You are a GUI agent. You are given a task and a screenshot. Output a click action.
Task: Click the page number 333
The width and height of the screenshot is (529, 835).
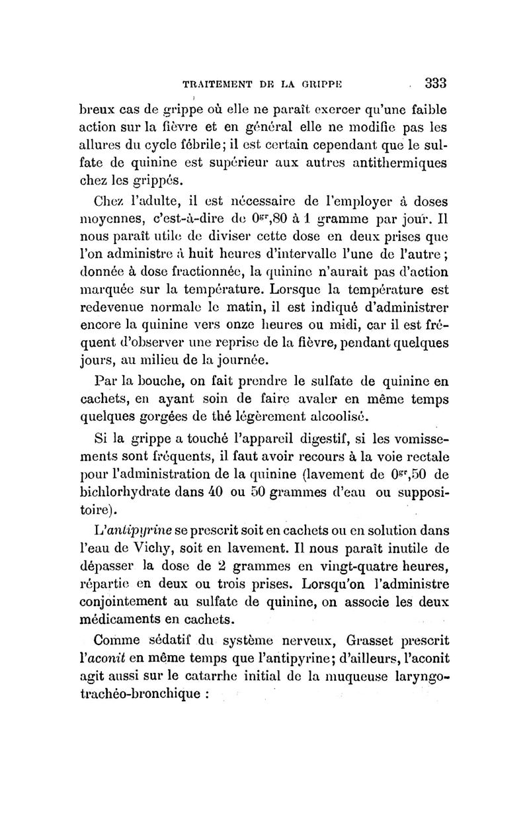(436, 83)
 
